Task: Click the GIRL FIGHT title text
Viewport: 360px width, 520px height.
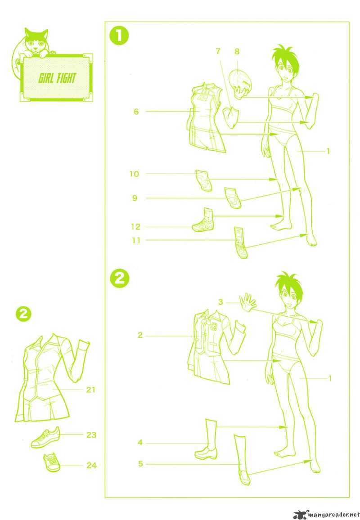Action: click(x=57, y=78)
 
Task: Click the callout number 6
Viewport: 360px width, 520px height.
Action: click(x=136, y=112)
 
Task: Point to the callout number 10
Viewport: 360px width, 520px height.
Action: click(x=134, y=174)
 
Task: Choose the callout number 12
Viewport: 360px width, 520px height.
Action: click(x=136, y=227)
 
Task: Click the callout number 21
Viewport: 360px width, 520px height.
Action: click(x=90, y=390)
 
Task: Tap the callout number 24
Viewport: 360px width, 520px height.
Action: click(x=91, y=466)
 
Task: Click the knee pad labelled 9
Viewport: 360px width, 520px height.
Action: click(x=232, y=198)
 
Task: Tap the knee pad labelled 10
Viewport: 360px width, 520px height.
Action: click(x=204, y=180)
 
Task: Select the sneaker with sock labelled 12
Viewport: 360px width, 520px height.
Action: click(x=203, y=220)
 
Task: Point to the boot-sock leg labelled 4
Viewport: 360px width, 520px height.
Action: click(x=205, y=439)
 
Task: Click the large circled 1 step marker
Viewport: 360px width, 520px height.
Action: click(x=119, y=37)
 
